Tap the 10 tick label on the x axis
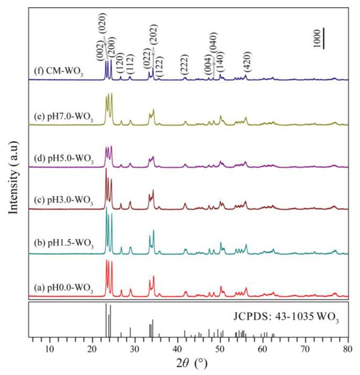tap(50, 349)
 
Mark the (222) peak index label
tap(185, 63)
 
